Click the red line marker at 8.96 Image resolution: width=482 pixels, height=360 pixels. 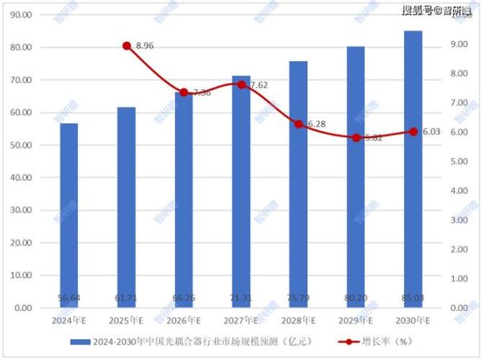[126, 46]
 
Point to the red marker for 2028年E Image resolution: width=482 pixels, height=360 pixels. [298, 125]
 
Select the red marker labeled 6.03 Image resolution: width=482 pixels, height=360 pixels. [413, 132]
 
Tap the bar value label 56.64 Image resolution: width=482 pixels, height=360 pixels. [69, 298]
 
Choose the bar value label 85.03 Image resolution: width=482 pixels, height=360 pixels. [413, 298]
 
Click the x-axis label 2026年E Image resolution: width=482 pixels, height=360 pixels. [184, 320]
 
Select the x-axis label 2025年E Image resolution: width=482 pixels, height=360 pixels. [126, 320]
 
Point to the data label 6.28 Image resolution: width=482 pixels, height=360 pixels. [316, 124]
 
